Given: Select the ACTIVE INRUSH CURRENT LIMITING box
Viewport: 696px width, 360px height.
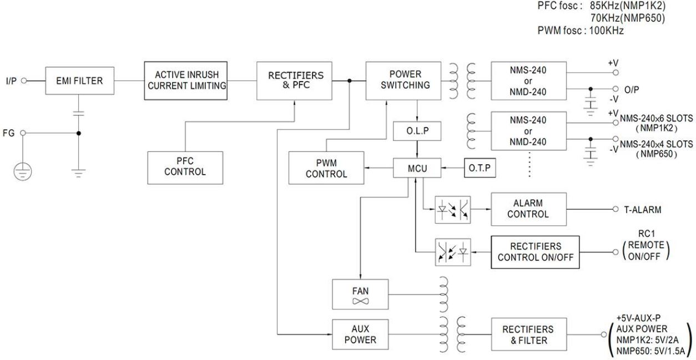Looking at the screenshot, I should point(185,81).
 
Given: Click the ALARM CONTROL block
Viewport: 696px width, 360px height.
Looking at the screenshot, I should point(528,209).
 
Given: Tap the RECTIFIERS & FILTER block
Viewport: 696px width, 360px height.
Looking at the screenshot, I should point(528,334).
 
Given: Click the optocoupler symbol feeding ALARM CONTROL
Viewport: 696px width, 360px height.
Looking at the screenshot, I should point(452,210).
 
